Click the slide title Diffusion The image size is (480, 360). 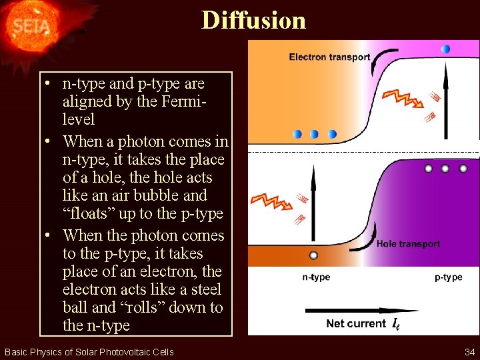[254, 20]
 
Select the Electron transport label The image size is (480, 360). [329, 57]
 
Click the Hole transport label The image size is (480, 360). [408, 244]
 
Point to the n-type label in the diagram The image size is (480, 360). [316, 277]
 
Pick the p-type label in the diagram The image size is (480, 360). [448, 277]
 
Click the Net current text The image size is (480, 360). [356, 324]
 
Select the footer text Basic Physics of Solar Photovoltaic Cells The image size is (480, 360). [89, 351]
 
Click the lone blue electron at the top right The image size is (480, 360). [445, 49]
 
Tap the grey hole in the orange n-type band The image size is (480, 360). [314, 255]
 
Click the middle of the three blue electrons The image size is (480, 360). [315, 134]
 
